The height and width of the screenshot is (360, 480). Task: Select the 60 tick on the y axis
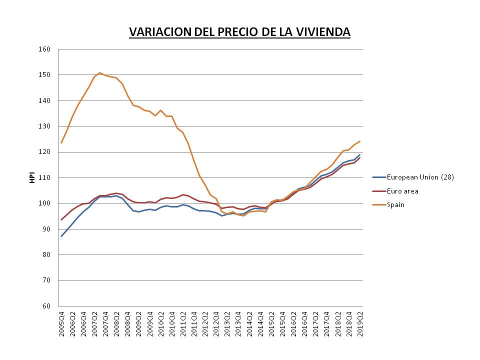(47, 306)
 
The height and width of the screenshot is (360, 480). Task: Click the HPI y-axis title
(32, 177)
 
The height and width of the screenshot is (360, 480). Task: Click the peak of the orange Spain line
(99, 73)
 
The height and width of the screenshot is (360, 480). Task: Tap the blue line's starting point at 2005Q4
(61, 236)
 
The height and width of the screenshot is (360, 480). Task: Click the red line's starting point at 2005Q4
(61, 219)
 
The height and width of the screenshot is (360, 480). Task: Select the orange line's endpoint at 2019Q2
(360, 141)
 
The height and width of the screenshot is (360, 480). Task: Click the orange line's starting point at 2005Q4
(61, 143)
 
